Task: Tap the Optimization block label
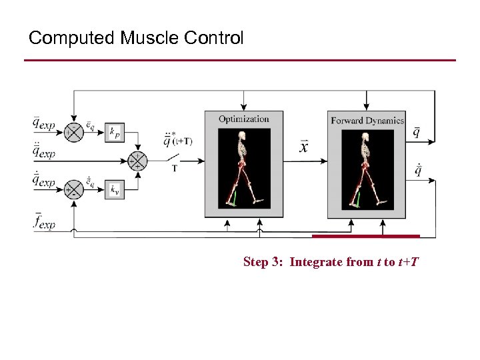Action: pyautogui.click(x=244, y=119)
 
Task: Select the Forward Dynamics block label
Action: pyautogui.click(x=367, y=121)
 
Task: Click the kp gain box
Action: pyautogui.click(x=115, y=133)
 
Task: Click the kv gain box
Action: pyautogui.click(x=115, y=191)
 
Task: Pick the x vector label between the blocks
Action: pyautogui.click(x=304, y=147)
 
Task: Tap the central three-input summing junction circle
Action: pyautogui.click(x=137, y=161)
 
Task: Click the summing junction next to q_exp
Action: pyautogui.click(x=73, y=132)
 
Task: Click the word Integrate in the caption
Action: pyautogui.click(x=317, y=262)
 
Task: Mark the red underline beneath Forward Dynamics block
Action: pyautogui.click(x=366, y=235)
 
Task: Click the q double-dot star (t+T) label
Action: pyautogui.click(x=177, y=140)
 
